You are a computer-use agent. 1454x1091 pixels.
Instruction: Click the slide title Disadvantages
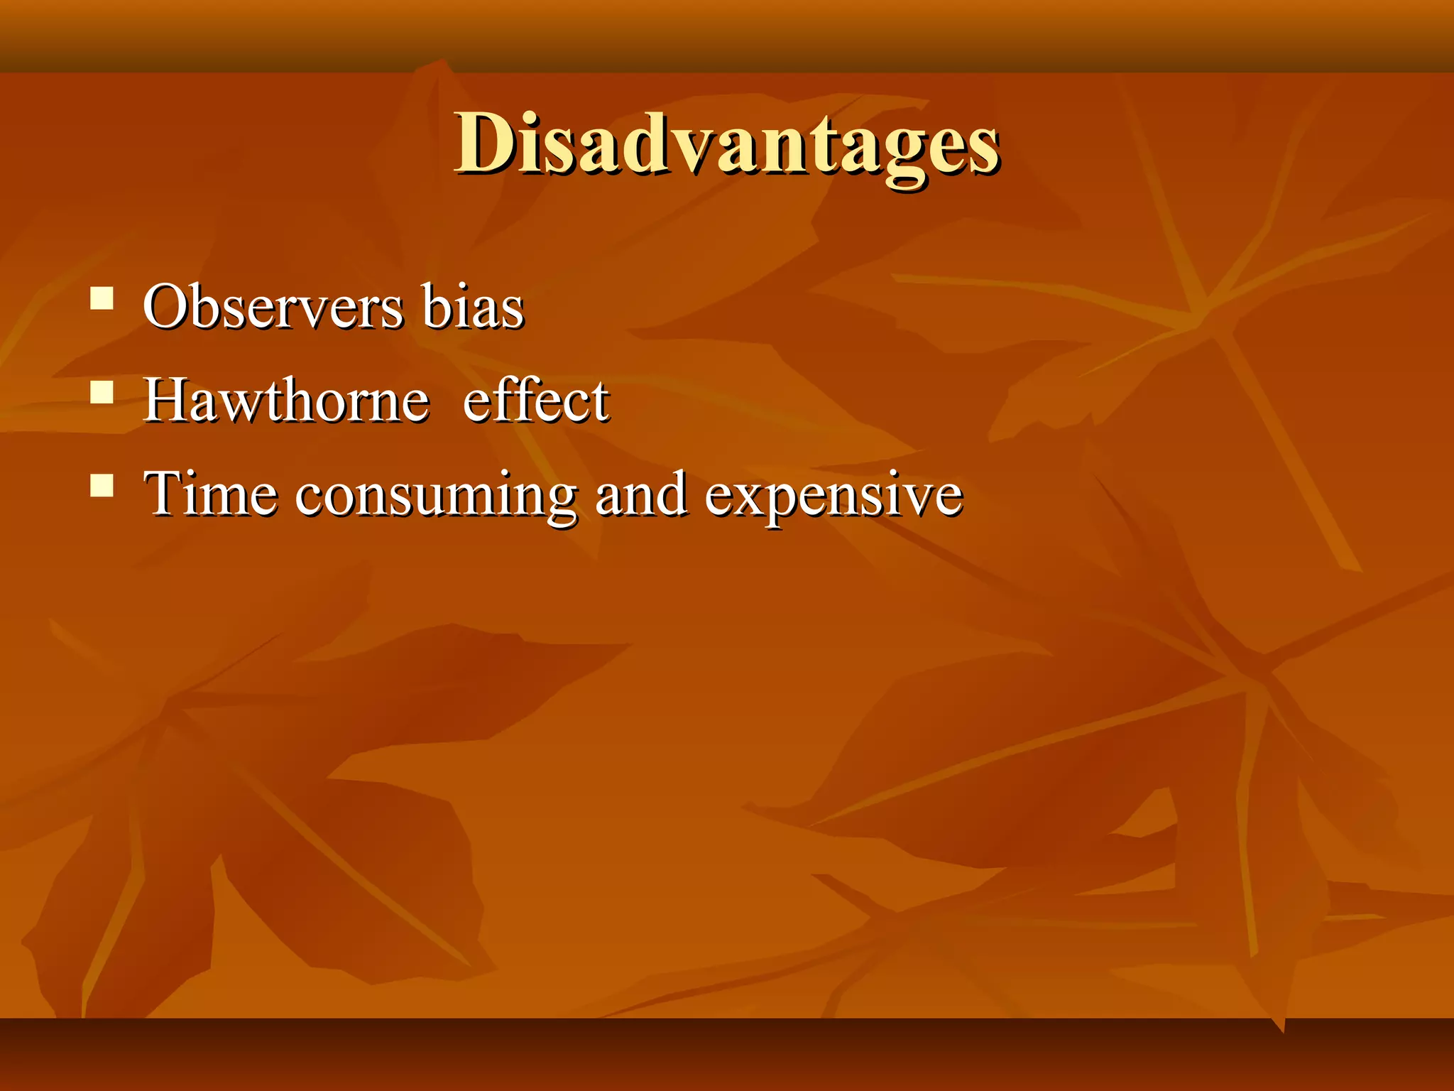(x=727, y=145)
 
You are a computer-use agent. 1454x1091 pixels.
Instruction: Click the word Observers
(x=273, y=307)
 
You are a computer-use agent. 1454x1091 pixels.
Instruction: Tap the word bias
(x=473, y=307)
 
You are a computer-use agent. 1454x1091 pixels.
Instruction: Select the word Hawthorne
(x=286, y=400)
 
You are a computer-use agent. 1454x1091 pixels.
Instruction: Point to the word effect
(x=536, y=400)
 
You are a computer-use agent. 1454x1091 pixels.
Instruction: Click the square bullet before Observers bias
(x=102, y=298)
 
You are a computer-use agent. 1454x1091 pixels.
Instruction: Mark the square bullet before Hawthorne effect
(x=102, y=391)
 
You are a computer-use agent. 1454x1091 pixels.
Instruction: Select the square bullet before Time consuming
(x=102, y=485)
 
